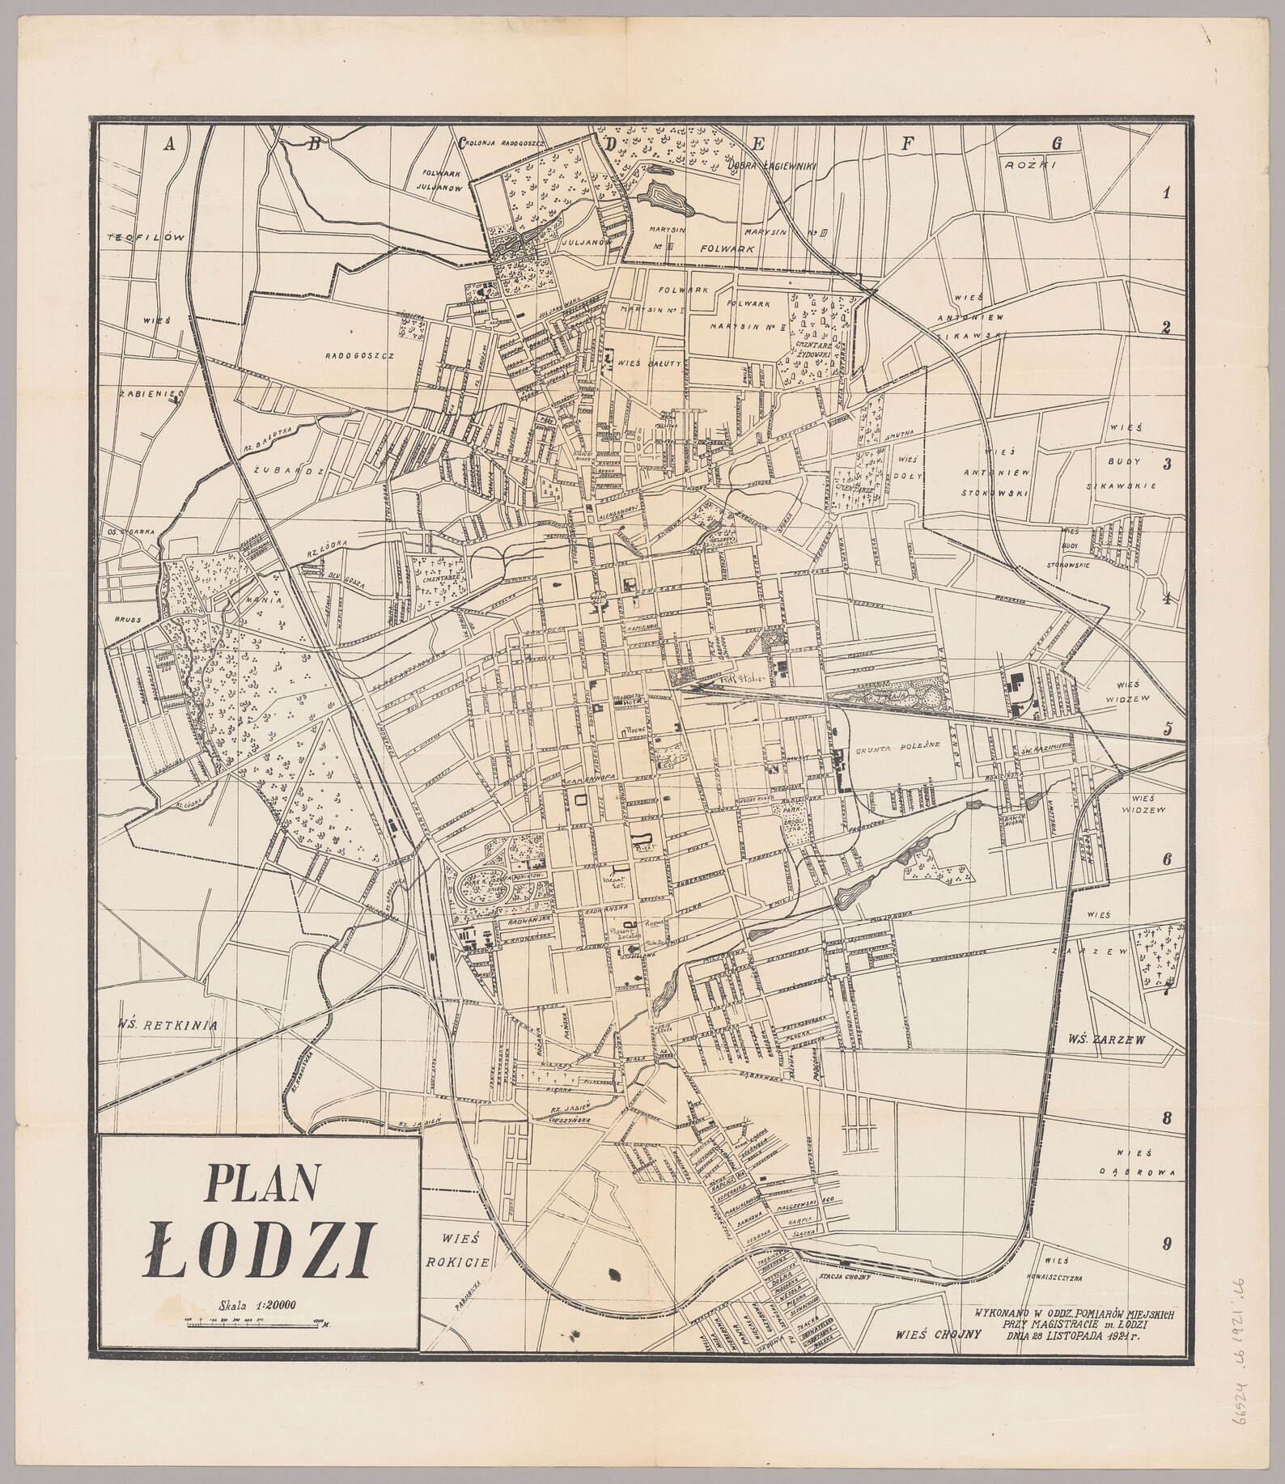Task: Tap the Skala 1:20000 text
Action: point(257,1304)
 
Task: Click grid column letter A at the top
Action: point(169,145)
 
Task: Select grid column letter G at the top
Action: point(1055,143)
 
